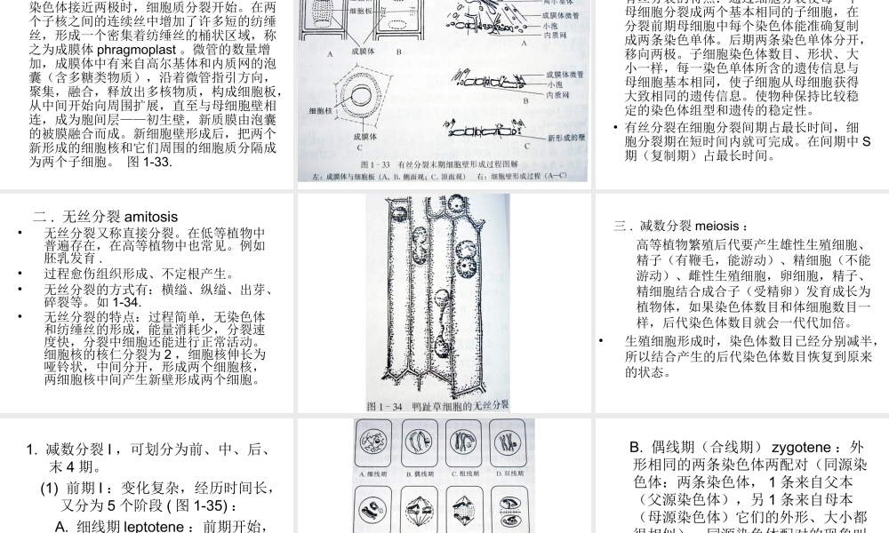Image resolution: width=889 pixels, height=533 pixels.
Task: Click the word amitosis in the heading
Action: click(x=151, y=216)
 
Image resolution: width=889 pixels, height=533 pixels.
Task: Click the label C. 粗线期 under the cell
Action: click(x=466, y=473)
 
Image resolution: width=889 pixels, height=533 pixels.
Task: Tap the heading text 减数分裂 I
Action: click(x=80, y=449)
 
